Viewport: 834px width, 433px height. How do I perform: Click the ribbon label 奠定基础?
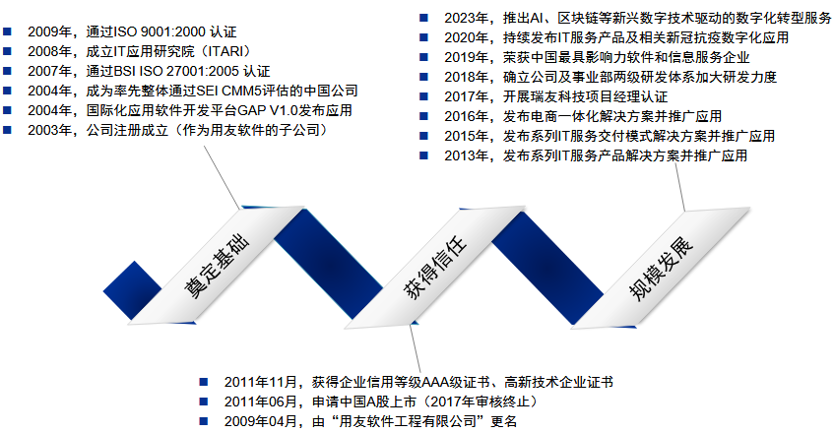216,266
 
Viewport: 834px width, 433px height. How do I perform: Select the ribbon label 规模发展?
661,269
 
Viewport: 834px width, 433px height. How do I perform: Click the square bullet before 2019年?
424,57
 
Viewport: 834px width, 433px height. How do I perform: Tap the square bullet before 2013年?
424,155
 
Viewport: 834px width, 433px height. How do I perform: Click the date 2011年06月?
260,402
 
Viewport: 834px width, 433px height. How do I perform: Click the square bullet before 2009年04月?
204,421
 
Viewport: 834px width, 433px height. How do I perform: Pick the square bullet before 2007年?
7,71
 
